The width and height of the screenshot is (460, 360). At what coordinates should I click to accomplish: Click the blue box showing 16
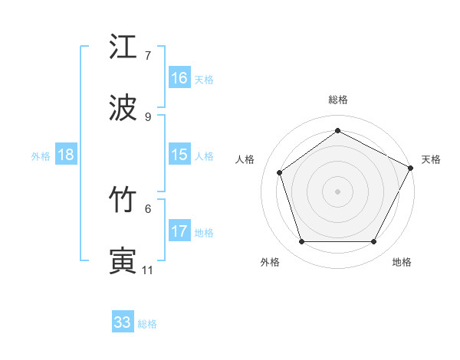pyautogui.click(x=179, y=78)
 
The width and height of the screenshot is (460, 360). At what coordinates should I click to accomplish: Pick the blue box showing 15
pyautogui.click(x=179, y=155)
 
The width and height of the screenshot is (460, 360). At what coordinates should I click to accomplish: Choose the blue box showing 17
pyautogui.click(x=179, y=231)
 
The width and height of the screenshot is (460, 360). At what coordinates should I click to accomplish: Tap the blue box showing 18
pyautogui.click(x=66, y=155)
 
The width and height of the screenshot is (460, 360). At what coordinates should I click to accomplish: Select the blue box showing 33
pyautogui.click(x=123, y=322)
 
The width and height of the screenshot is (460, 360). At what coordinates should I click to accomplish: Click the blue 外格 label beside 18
pyautogui.click(x=41, y=155)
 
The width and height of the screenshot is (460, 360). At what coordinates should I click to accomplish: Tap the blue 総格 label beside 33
pyautogui.click(x=147, y=324)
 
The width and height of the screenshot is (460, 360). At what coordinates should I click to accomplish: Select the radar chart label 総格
pyautogui.click(x=337, y=100)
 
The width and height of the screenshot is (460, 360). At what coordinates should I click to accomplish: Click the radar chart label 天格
pyautogui.click(x=431, y=159)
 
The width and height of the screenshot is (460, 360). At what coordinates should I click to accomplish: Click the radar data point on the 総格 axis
pyautogui.click(x=337, y=131)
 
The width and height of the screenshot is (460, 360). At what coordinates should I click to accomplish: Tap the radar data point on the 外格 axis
pyautogui.click(x=301, y=242)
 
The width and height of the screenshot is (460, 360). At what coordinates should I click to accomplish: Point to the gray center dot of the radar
pyautogui.click(x=337, y=191)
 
